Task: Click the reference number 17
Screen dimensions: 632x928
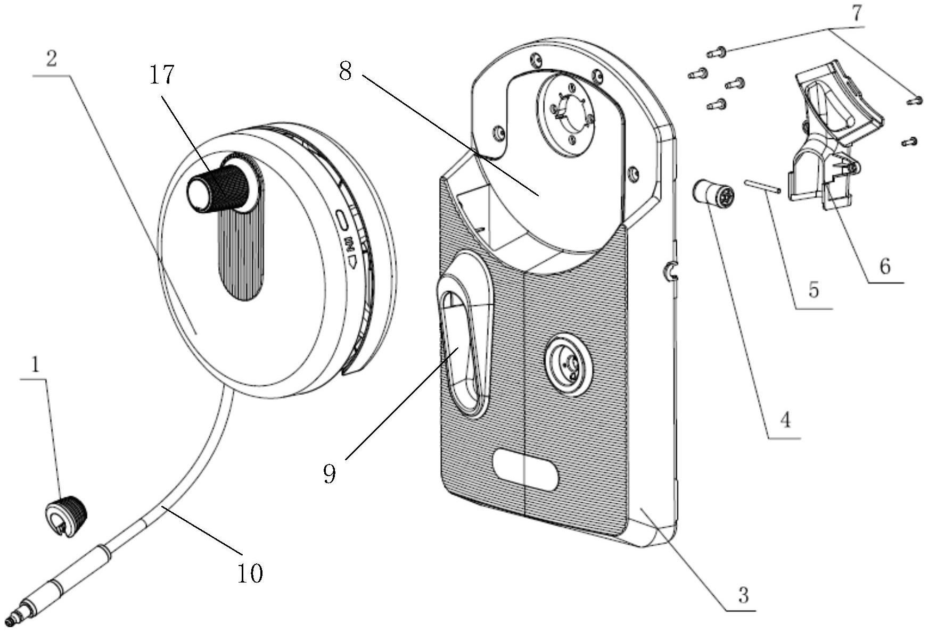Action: pyautogui.click(x=161, y=74)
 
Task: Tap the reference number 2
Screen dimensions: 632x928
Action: pyautogui.click(x=51, y=59)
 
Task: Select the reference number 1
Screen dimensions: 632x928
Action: pyautogui.click(x=35, y=365)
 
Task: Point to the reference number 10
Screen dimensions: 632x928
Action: pyautogui.click(x=250, y=573)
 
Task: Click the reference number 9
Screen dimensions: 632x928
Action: pyautogui.click(x=330, y=473)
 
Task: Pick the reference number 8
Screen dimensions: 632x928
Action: pyautogui.click(x=346, y=71)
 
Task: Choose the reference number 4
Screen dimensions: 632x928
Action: pyautogui.click(x=785, y=421)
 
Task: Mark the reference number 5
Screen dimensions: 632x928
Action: pyautogui.click(x=814, y=290)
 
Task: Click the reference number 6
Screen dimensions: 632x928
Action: pyautogui.click(x=884, y=266)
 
